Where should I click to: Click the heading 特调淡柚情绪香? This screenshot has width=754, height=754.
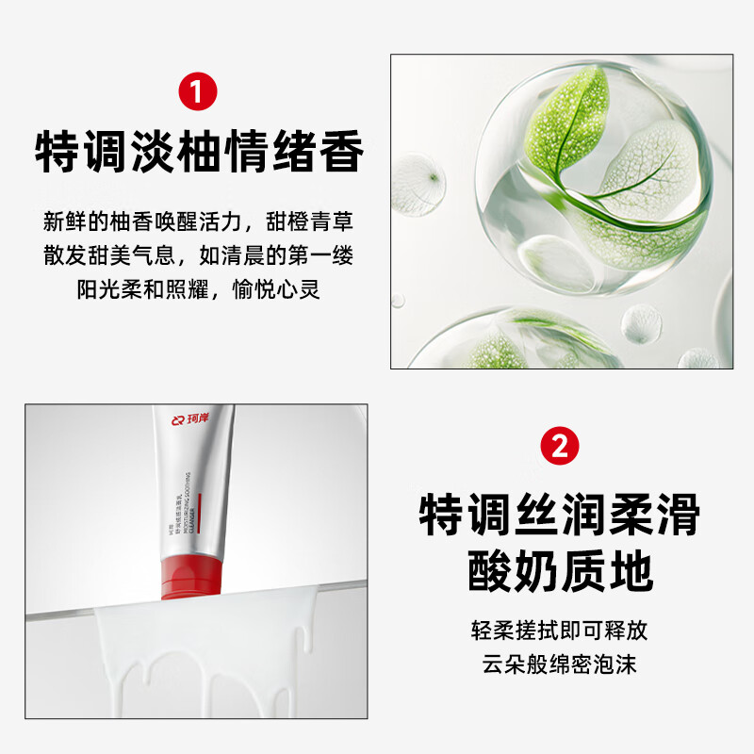coord(199,153)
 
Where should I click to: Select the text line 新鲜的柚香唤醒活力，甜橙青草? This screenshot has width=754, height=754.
coord(199,221)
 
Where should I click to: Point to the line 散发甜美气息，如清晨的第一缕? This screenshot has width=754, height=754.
coord(199,255)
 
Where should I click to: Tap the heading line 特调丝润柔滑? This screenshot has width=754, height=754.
coord(559,516)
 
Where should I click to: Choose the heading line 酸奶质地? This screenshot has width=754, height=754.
coord(559,571)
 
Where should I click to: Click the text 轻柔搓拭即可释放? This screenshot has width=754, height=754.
coord(559,629)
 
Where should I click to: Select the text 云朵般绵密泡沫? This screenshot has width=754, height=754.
coord(559,664)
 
